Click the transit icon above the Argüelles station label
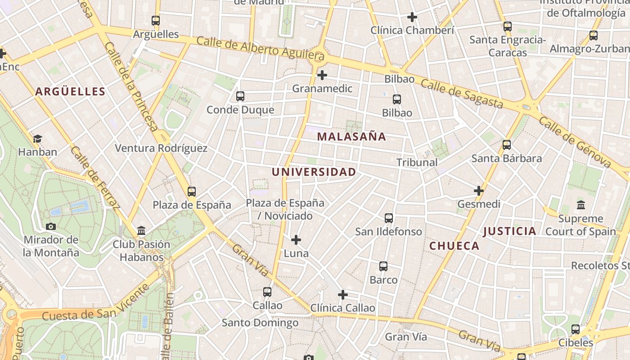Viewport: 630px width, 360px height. (x=156, y=21)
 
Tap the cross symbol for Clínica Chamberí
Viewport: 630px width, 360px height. (x=412, y=18)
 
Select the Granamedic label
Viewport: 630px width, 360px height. (x=322, y=88)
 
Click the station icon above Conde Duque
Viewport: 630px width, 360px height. (x=240, y=96)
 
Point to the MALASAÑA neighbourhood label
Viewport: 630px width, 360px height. (x=351, y=136)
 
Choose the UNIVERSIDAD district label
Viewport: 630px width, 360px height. (x=314, y=172)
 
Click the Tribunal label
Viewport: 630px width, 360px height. (x=417, y=162)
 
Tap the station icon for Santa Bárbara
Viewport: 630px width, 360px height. (x=507, y=145)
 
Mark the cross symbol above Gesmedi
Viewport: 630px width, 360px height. (x=479, y=191)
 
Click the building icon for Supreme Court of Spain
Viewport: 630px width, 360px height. (x=581, y=205)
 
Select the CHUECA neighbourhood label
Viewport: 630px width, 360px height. (x=454, y=246)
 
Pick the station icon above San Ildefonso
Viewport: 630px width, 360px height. (x=389, y=219)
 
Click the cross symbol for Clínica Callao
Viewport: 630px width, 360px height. (x=343, y=295)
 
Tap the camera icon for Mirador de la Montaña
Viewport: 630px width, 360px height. (x=51, y=226)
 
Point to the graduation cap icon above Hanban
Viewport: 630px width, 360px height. (x=38, y=139)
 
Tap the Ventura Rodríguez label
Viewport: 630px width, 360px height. (x=161, y=148)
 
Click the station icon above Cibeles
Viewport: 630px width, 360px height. (x=576, y=329)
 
